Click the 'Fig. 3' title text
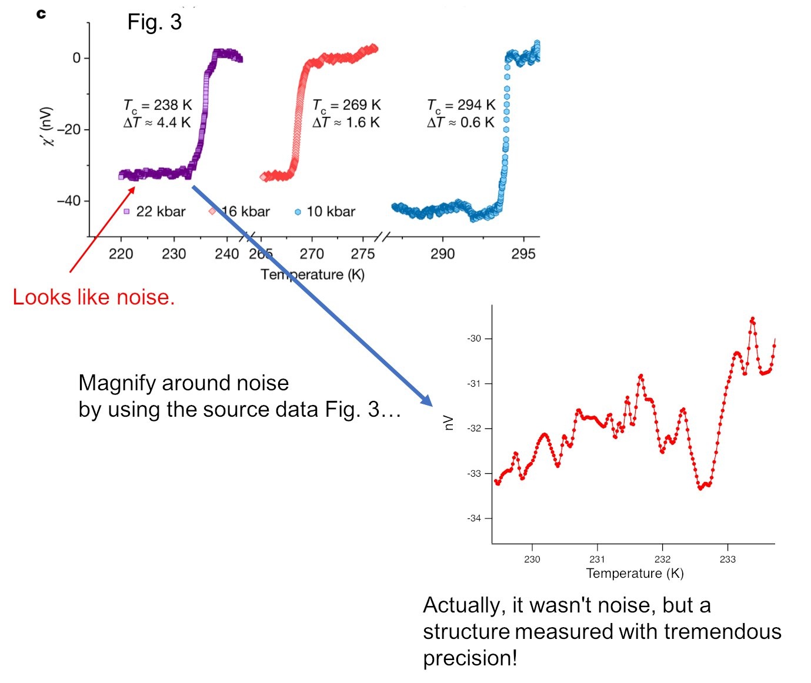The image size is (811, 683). pyautogui.click(x=155, y=22)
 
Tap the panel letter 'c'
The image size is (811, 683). pyautogui.click(x=41, y=14)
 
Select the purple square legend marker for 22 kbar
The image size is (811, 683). pyautogui.click(x=126, y=211)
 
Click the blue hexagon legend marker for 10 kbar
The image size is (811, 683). pyautogui.click(x=298, y=212)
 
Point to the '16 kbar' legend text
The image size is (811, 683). pyautogui.click(x=245, y=212)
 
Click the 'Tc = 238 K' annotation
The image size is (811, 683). pyautogui.click(x=157, y=105)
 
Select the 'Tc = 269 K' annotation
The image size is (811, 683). pyautogui.click(x=346, y=105)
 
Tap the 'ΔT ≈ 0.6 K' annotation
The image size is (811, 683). pyautogui.click(x=461, y=122)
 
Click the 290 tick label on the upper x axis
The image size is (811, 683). pyautogui.click(x=442, y=254)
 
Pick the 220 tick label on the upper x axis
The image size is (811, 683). pyautogui.click(x=121, y=254)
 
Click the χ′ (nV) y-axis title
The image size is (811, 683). pyautogui.click(x=49, y=126)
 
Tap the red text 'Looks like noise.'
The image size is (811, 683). pyautogui.click(x=94, y=297)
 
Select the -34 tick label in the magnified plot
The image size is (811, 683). pyautogui.click(x=474, y=518)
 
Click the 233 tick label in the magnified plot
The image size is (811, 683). pyautogui.click(x=727, y=559)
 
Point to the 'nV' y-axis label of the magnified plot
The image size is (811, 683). pyautogui.click(x=449, y=422)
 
